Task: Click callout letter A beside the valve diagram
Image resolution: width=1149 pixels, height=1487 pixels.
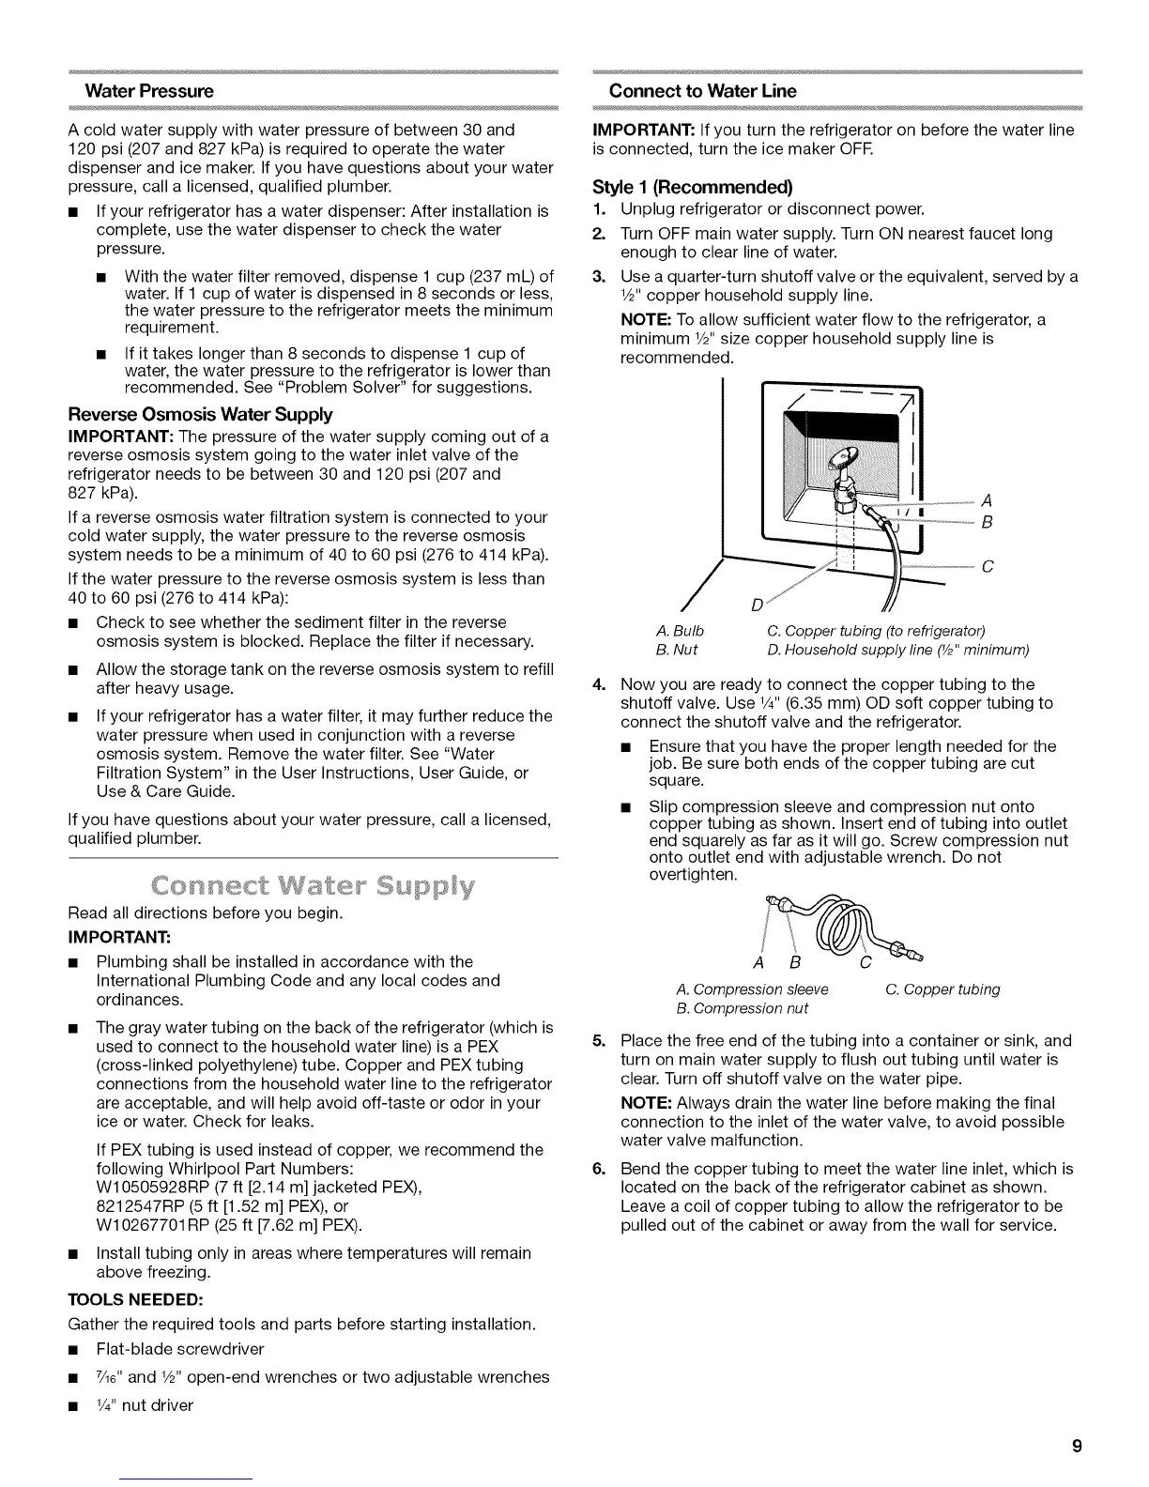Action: point(986,498)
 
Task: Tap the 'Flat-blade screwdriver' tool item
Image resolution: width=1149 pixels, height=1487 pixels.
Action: point(180,1349)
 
